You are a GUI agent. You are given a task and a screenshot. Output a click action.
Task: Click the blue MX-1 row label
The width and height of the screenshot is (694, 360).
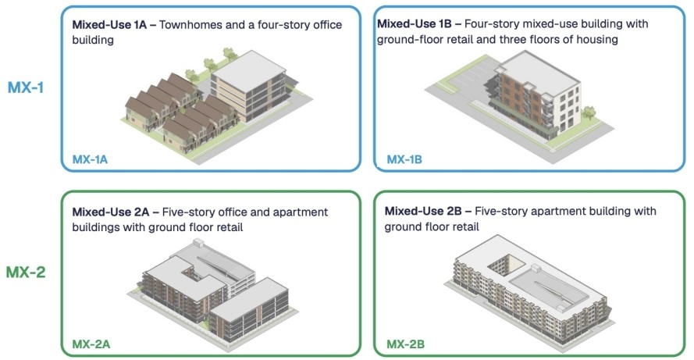pos(26,87)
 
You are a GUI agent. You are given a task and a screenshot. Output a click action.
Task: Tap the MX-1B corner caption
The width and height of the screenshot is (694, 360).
pos(404,159)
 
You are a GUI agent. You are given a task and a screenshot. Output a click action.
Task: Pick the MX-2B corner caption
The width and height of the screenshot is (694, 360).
pos(405,343)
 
